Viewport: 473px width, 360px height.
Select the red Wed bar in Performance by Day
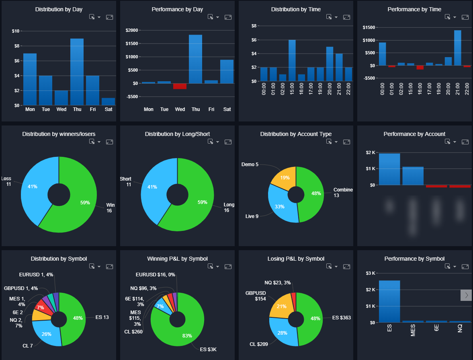(180, 86)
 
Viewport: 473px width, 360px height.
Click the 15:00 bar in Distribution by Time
(292, 60)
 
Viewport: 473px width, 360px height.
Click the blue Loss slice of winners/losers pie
(34, 187)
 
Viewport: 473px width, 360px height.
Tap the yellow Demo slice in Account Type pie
(284, 177)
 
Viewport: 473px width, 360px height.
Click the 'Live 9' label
(252, 216)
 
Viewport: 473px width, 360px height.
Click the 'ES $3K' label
(208, 349)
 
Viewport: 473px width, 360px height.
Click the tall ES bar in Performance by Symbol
(389, 301)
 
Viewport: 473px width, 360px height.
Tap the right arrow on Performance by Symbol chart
(466, 295)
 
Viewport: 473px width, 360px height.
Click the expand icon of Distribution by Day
(109, 17)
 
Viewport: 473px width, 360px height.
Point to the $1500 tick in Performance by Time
(369, 27)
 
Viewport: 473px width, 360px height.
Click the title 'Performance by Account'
(414, 134)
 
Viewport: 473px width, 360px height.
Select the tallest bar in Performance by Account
(389, 169)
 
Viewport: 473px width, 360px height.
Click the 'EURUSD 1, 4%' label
(36, 275)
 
